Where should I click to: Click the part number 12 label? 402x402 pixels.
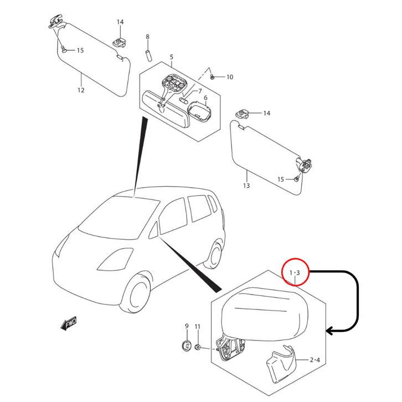[81, 90]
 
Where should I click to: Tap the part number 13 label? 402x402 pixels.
[246, 185]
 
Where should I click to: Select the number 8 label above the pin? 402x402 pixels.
[148, 37]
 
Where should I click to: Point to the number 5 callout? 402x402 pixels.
[171, 57]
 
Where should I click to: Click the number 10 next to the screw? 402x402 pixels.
[230, 77]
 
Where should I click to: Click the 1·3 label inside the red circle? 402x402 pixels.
[295, 273]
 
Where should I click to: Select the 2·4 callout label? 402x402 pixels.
[314, 360]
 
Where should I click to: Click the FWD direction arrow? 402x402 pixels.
[69, 323]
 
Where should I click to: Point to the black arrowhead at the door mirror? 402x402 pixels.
[331, 331]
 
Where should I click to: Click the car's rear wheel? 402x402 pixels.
[214, 255]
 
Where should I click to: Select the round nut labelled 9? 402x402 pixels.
[187, 347]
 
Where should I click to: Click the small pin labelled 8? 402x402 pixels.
[148, 54]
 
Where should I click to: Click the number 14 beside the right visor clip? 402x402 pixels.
[266, 113]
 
